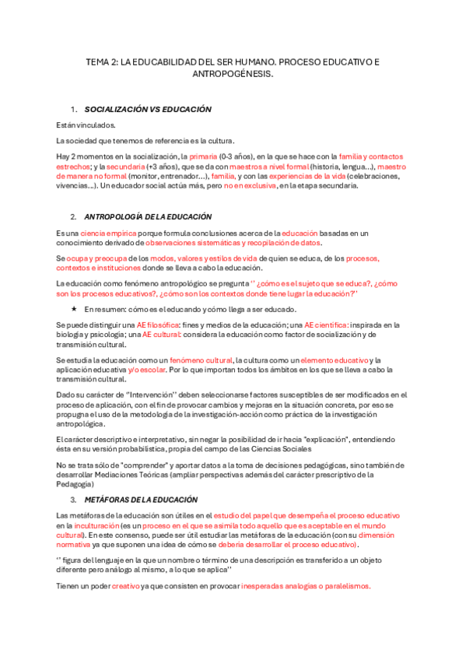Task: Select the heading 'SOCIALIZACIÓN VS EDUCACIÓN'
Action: tap(148, 111)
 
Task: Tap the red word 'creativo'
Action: tap(126, 586)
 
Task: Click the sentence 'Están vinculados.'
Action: tap(86, 125)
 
